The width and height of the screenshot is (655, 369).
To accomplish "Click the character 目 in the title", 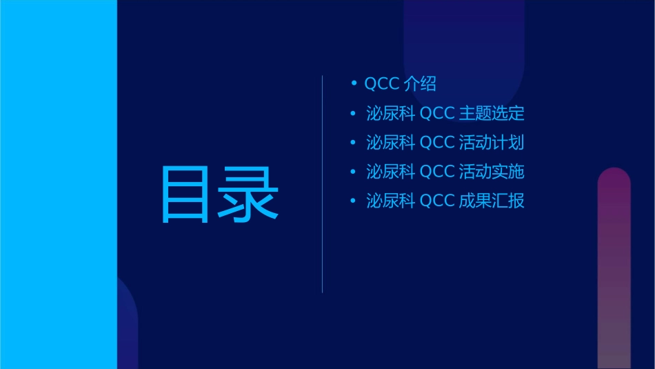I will point(185,195).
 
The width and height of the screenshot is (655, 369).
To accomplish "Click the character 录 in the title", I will point(250,195).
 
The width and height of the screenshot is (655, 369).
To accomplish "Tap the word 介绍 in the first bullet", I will point(421,84).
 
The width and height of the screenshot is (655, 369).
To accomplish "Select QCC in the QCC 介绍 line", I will point(382,84).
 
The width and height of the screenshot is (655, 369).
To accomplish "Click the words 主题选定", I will point(492,114).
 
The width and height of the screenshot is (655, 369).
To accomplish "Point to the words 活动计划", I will point(492,143).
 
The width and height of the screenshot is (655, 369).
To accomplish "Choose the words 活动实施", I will point(492,172).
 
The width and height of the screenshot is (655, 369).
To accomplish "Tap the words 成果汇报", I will point(492,201).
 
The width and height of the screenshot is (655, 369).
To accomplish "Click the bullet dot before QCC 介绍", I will point(354,84).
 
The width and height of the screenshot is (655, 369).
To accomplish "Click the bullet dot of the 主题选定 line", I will point(354,114).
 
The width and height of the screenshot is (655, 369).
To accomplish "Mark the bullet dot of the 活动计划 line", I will point(354,143).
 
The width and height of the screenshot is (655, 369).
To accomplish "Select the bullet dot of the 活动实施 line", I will point(354,172).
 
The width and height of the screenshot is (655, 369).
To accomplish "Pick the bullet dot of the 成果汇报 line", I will point(354,201).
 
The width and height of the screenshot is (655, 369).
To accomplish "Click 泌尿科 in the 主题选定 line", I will point(390,114).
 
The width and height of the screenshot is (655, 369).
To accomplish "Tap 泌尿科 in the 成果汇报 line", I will point(390,201).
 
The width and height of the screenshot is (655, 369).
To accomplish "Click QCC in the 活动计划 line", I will point(437,143).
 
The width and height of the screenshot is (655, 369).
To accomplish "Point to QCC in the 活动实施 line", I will point(437,172).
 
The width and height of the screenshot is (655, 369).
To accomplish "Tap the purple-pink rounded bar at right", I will point(614,269).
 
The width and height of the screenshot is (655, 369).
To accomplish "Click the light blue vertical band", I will point(59,184).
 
